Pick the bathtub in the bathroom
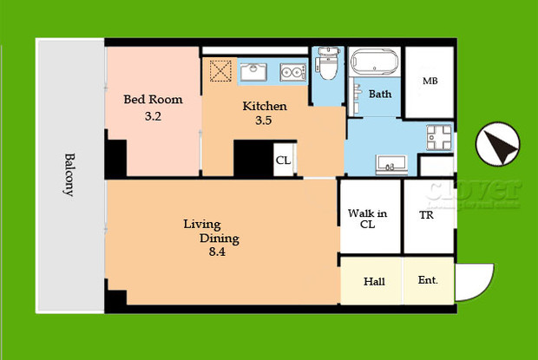tap(374, 64)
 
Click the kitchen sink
tap(254, 70)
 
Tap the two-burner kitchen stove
tap(293, 72)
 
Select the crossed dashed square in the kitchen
tap(219, 70)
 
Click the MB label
tap(430, 82)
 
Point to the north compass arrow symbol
tap(498, 143)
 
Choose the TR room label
tap(427, 215)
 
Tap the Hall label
tap(374, 281)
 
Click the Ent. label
tap(428, 280)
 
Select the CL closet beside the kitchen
tap(283, 160)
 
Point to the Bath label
tap(380, 94)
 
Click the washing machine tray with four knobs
tap(437, 137)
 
